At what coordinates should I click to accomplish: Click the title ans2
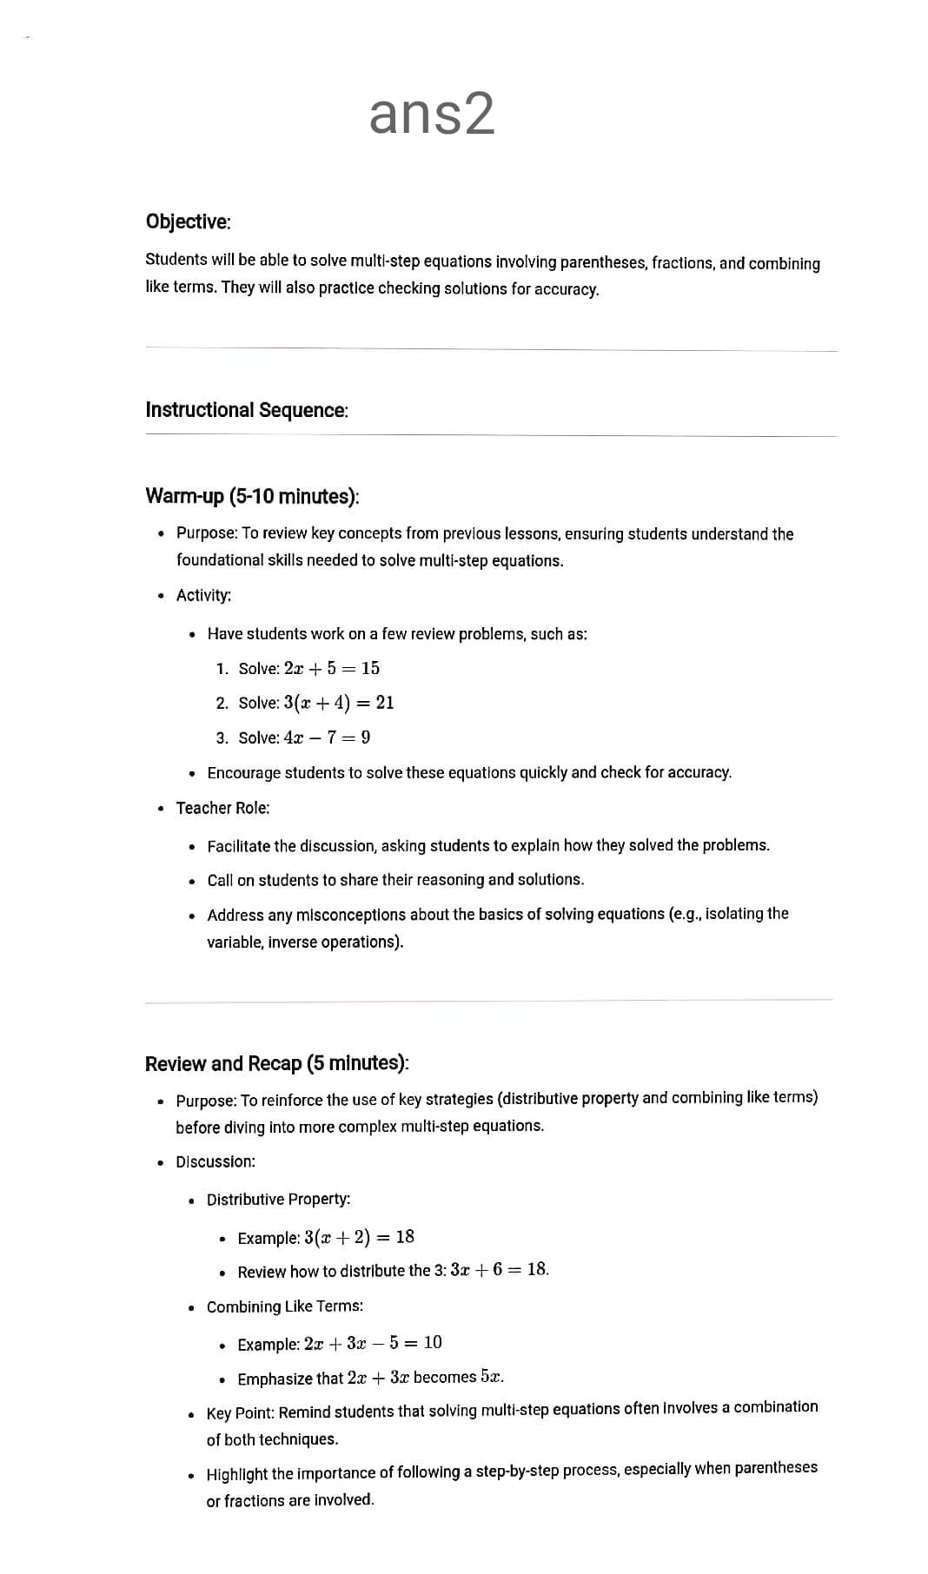click(x=432, y=114)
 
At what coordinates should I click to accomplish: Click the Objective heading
click(x=188, y=222)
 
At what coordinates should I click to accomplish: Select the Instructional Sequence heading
click(x=246, y=410)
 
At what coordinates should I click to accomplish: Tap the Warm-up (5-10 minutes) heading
click(x=252, y=496)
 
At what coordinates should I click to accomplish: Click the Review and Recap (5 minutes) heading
click(x=276, y=1063)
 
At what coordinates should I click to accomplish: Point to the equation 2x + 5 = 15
click(x=331, y=668)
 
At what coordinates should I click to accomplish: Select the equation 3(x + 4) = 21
click(x=338, y=703)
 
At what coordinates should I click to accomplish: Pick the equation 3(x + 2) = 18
click(x=359, y=1237)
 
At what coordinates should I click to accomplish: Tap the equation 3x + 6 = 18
click(x=499, y=1270)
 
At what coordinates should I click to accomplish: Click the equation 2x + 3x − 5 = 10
click(x=373, y=1343)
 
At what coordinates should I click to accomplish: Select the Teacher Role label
click(x=222, y=808)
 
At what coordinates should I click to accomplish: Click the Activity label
click(x=203, y=595)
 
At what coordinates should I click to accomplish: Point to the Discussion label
click(x=215, y=1161)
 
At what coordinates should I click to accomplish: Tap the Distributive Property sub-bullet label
click(x=278, y=1200)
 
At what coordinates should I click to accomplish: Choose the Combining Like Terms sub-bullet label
click(x=284, y=1306)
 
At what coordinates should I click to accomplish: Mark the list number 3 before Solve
click(x=222, y=738)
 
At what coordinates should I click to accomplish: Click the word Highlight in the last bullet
click(x=236, y=1474)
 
